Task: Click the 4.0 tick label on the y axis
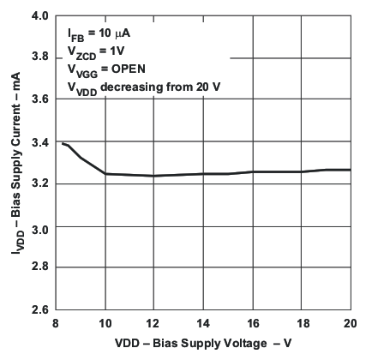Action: pos(39,16)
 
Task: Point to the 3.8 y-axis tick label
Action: pos(39,58)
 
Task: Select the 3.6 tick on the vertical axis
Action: pos(39,100)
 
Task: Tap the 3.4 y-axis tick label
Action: pos(39,142)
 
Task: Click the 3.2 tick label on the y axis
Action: pos(39,184)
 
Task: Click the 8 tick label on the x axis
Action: pos(56,323)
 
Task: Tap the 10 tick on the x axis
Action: pos(105,323)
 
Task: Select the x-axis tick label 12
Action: pos(154,323)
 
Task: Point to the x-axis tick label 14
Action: pos(203,323)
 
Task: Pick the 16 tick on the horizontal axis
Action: pos(253,323)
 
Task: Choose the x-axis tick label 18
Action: pos(302,323)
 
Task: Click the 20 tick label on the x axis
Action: pos(351,323)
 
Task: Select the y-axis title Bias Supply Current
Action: pos(12,163)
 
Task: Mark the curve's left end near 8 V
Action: pos(63,143)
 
